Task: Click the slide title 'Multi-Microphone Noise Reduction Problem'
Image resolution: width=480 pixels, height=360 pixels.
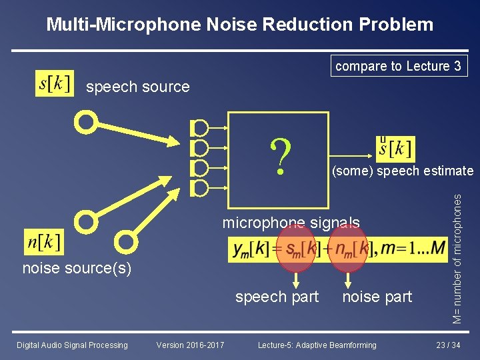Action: pos(240,25)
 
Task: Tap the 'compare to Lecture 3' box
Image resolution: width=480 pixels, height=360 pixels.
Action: pos(398,66)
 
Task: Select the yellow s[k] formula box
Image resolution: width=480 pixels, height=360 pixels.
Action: pos(55,83)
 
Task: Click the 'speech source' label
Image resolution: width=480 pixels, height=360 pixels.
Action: pos(138,87)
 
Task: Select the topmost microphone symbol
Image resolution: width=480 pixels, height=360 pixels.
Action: pos(199,127)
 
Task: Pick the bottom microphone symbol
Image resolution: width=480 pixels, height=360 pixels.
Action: pos(199,189)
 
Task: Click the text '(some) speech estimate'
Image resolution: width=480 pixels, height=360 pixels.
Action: pos(403,171)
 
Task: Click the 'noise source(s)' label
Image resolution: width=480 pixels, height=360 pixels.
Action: pos(77,269)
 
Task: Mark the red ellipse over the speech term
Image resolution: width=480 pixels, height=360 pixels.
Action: pos(296,249)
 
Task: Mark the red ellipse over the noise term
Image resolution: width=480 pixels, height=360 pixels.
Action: pos(348,249)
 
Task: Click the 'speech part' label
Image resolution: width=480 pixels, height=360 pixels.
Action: pos(277,297)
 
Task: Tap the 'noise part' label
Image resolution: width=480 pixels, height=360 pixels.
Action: pos(377,297)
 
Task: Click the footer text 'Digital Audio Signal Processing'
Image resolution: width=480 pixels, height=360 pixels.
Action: pos(72,345)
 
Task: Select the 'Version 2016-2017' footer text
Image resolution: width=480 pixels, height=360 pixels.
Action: pos(190,345)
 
